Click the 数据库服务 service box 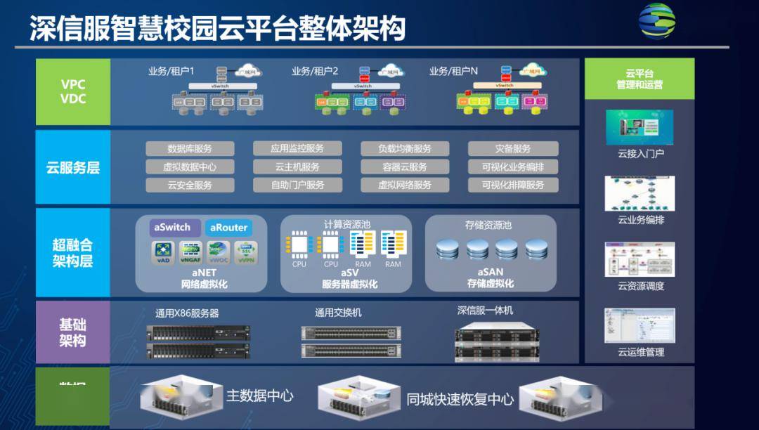click(x=190, y=148)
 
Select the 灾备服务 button click(x=513, y=148)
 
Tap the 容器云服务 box click(x=404, y=167)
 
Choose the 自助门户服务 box click(x=297, y=185)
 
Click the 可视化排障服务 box click(x=513, y=185)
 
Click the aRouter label click(x=228, y=228)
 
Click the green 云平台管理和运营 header click(x=639, y=79)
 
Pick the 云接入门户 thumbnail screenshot click(x=640, y=128)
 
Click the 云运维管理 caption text click(x=640, y=352)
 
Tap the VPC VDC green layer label click(x=73, y=92)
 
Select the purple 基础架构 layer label click(x=73, y=332)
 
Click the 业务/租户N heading click(x=453, y=71)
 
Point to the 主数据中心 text click(x=259, y=396)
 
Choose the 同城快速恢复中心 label click(x=460, y=398)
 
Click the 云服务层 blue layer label click(x=73, y=168)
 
